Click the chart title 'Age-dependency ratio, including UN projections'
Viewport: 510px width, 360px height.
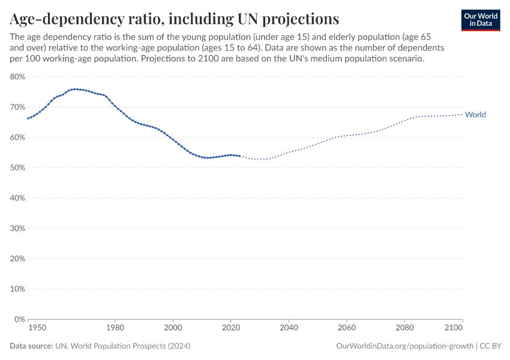point(174,18)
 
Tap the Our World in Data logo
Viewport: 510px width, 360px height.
point(480,19)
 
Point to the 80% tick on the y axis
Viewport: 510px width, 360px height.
point(17,77)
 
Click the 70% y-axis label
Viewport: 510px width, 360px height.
point(17,107)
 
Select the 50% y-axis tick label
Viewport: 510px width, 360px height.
point(17,167)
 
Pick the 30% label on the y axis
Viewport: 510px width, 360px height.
point(17,228)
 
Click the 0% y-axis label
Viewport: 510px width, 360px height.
point(19,319)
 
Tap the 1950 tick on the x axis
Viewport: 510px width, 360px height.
point(37,328)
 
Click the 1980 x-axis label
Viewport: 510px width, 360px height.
point(115,328)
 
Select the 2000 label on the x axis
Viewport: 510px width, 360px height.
point(173,328)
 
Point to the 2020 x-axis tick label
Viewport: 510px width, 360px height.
point(231,328)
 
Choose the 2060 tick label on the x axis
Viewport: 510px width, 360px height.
point(347,328)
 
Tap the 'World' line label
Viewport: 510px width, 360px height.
point(475,115)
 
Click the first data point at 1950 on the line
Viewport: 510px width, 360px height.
point(28,118)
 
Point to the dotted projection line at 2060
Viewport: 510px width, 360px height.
point(347,136)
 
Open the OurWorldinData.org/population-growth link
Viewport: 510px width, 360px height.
point(405,346)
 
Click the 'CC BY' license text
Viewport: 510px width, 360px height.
point(490,346)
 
